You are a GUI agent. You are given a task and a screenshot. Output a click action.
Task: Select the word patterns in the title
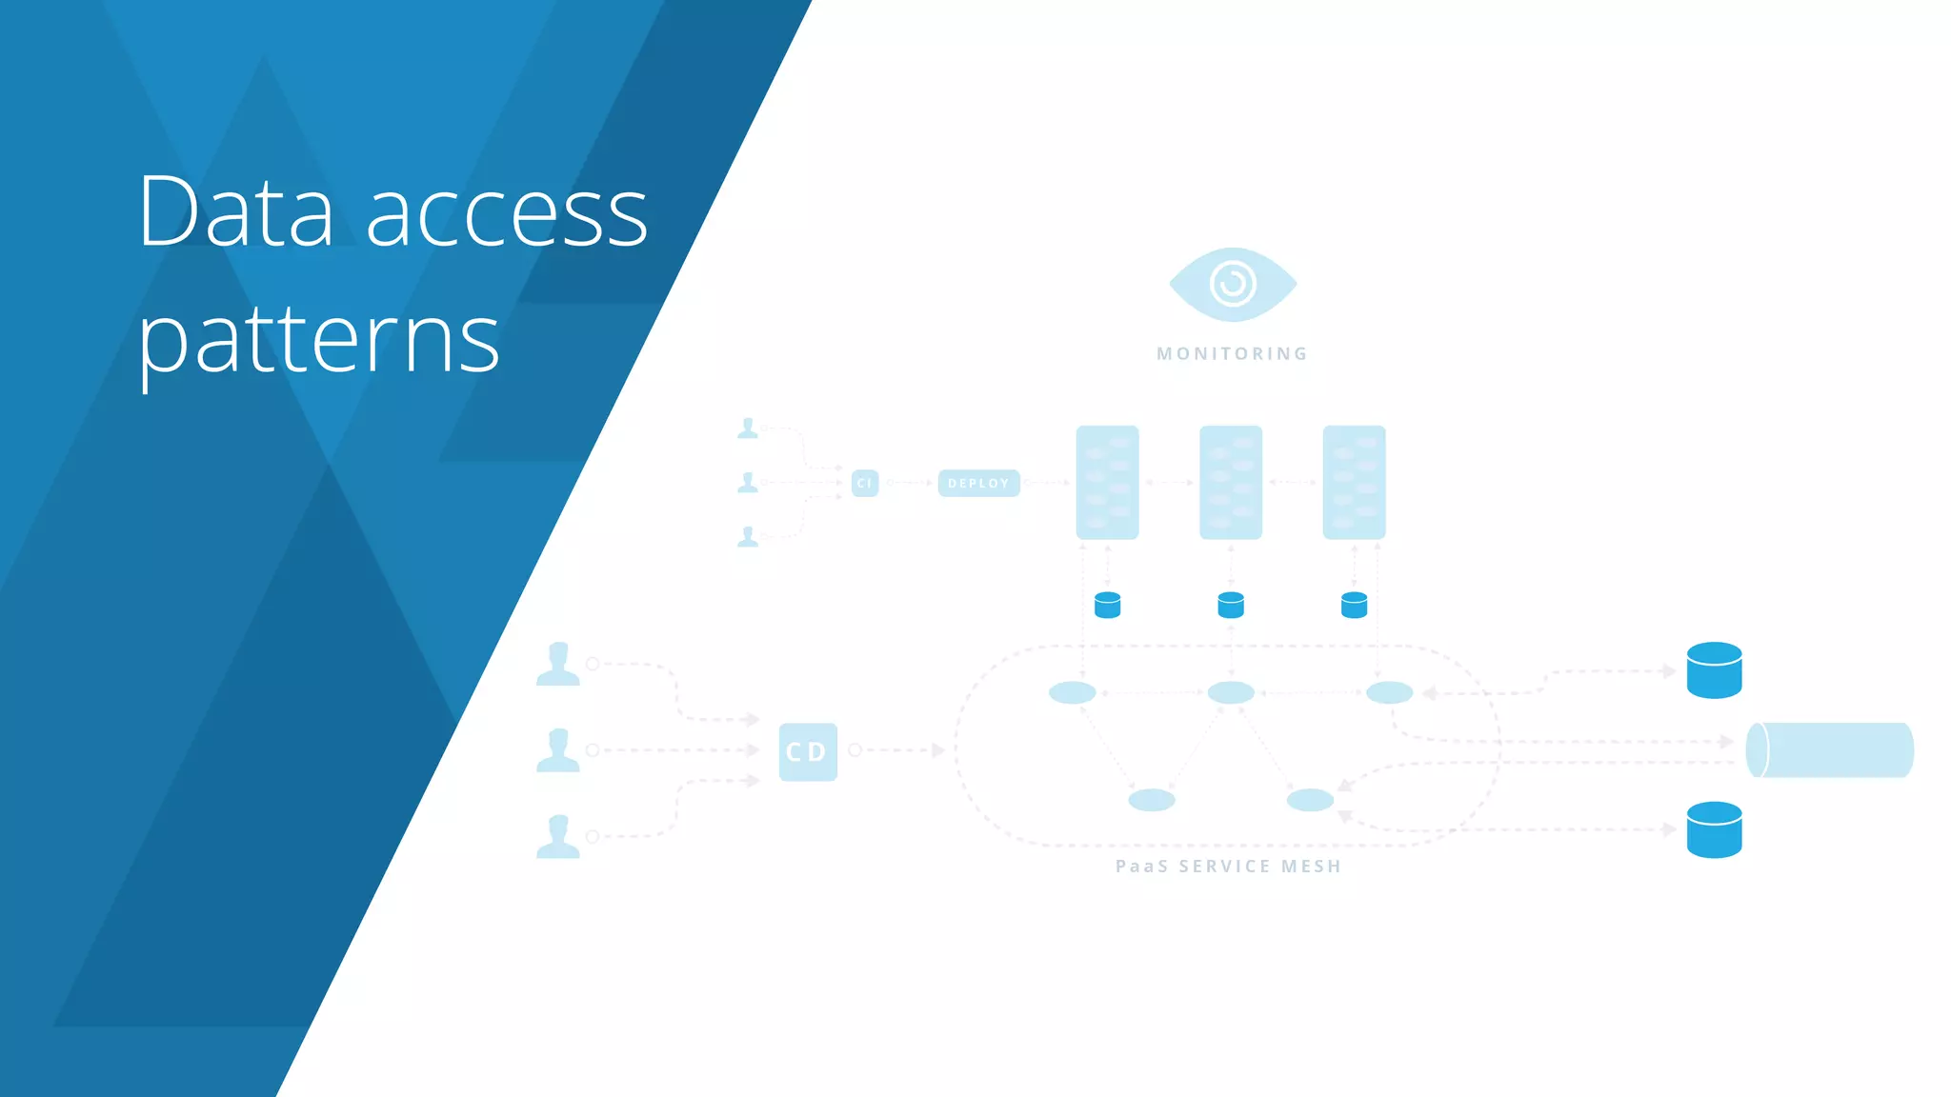318,340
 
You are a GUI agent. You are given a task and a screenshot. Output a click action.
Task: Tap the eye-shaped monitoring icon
1232,284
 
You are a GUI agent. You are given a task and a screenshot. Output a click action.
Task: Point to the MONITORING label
1232,353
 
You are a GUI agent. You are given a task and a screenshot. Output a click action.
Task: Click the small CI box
864,483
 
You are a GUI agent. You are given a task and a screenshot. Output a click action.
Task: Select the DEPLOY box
978,483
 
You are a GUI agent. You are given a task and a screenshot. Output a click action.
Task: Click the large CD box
807,751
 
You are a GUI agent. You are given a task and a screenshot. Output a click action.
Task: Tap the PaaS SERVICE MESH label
1228,866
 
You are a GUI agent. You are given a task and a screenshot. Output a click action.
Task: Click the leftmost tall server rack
1107,482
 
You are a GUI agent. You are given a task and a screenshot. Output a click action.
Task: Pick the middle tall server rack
1230,482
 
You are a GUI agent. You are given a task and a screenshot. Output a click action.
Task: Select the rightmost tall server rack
1354,482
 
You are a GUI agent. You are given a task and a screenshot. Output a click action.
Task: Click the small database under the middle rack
1230,605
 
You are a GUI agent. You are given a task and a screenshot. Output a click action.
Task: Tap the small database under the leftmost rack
1107,605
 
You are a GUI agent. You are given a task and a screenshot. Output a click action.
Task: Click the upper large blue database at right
1713,670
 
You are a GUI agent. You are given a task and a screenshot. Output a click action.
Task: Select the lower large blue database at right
1713,829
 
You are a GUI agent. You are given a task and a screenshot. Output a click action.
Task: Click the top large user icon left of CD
557,664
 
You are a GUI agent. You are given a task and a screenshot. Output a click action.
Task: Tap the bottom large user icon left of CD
557,836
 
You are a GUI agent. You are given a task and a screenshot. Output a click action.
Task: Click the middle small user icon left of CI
748,483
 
